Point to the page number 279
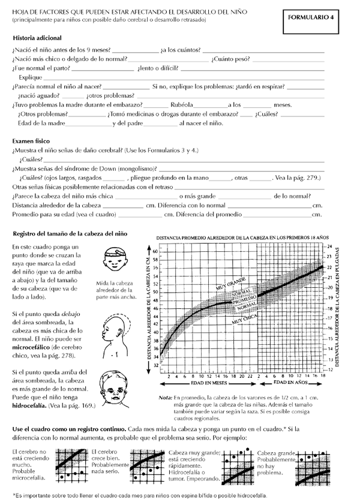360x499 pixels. [x=312, y=178]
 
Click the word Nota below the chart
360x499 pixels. [x=166, y=396]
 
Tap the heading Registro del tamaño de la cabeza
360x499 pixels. [x=69, y=233]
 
